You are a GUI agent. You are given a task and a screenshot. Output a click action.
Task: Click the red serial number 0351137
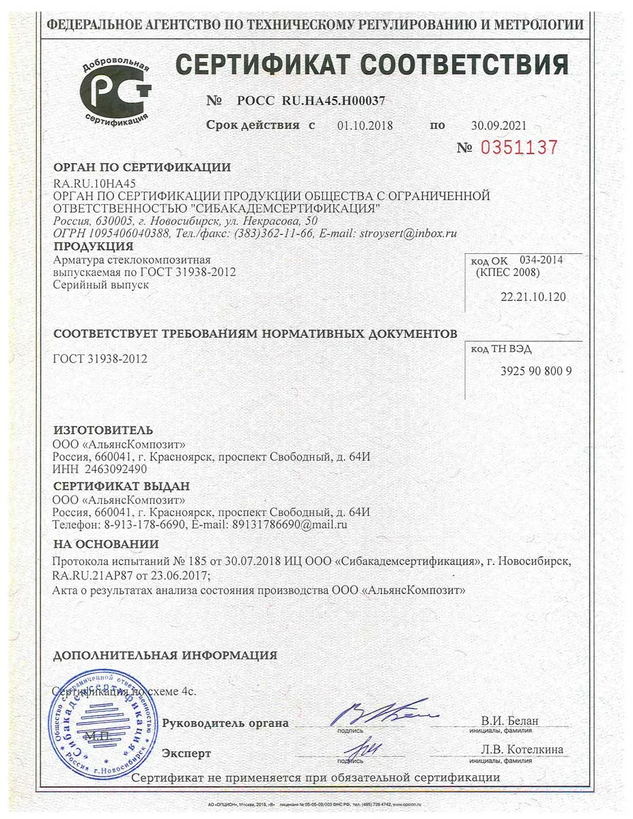pyautogui.click(x=519, y=147)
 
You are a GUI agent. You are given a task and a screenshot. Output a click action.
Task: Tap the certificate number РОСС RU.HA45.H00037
pyautogui.click(x=311, y=100)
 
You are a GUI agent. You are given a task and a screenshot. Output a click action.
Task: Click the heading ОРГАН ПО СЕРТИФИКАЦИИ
pyautogui.click(x=142, y=167)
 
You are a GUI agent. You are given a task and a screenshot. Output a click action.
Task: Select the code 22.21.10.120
pyautogui.click(x=533, y=298)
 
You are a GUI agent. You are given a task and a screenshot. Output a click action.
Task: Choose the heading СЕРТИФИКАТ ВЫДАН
pyautogui.click(x=122, y=486)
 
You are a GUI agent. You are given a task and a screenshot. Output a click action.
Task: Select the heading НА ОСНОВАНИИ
pyautogui.click(x=106, y=544)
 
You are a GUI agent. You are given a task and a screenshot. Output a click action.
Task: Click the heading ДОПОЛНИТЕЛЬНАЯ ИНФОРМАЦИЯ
pyautogui.click(x=165, y=655)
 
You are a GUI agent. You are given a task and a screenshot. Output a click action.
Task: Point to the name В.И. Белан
pyautogui.click(x=509, y=721)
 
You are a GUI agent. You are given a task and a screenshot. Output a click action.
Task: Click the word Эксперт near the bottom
pyautogui.click(x=186, y=753)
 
